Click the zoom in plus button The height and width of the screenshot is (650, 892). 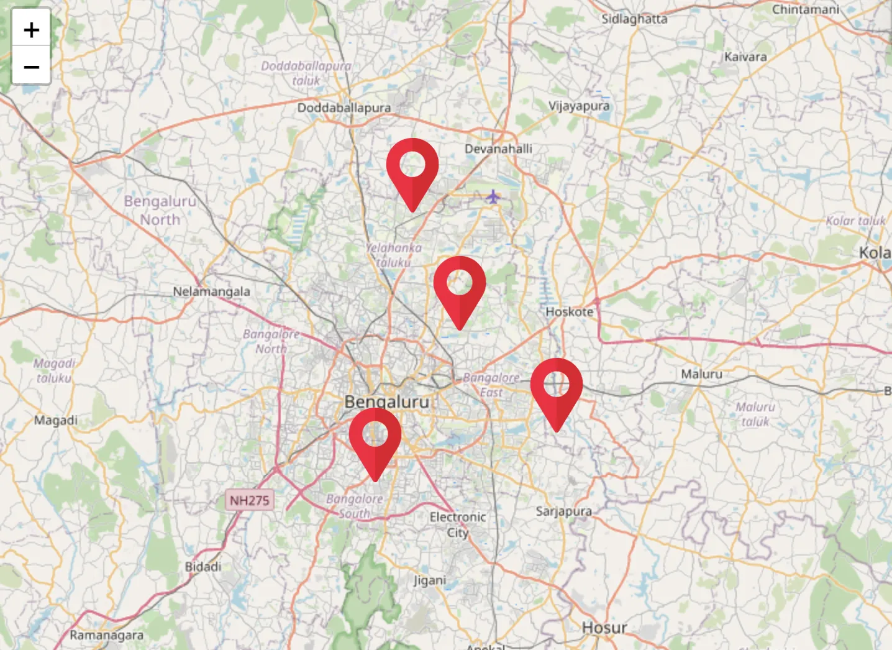[31, 29]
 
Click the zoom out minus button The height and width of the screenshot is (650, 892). [31, 66]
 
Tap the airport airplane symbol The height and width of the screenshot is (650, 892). [493, 197]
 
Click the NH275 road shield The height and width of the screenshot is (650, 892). [249, 500]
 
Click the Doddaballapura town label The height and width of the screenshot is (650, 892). [344, 108]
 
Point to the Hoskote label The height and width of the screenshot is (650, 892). [569, 311]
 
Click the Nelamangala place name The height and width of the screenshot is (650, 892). [211, 291]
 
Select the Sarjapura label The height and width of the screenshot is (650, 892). [563, 511]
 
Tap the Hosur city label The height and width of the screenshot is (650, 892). [604, 628]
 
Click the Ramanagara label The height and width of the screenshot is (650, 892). [106, 635]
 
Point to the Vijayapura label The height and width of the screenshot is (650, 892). [578, 106]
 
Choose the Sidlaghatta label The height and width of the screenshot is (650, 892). [634, 19]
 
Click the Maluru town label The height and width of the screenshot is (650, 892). [701, 374]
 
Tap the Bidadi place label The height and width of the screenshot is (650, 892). [203, 567]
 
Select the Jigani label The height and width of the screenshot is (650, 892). [430, 580]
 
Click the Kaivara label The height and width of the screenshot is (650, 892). [745, 57]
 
